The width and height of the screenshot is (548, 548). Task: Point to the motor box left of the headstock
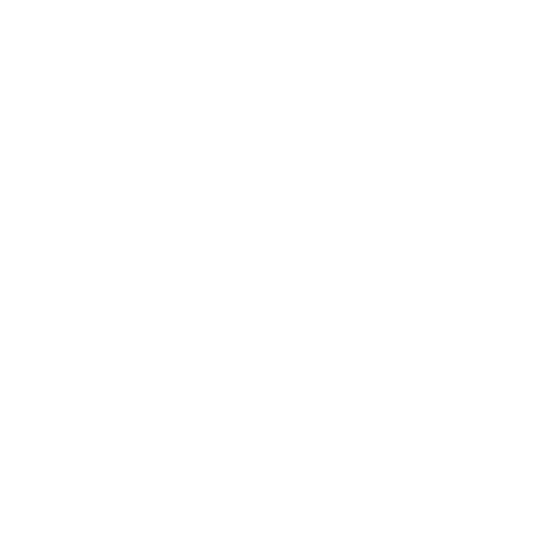pyautogui.click(x=19, y=171)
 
